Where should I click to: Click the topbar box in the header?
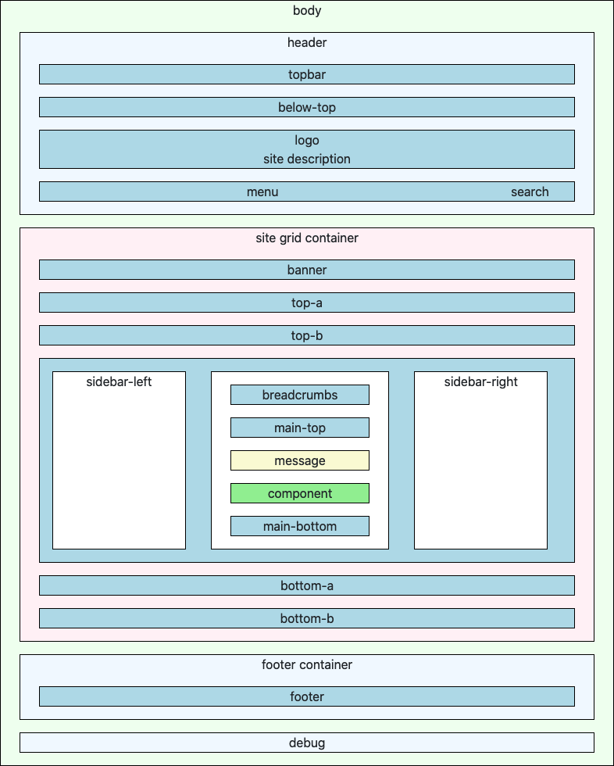coord(307,75)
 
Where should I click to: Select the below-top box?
coord(307,108)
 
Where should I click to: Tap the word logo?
coord(307,141)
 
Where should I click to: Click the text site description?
coord(307,159)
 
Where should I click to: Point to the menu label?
coord(262,192)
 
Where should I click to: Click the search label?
coord(530,192)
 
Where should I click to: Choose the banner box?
coord(307,270)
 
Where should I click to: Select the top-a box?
coord(307,302)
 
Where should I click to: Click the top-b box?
coord(307,335)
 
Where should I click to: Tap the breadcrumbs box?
coord(300,395)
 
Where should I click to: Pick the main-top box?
coord(300,428)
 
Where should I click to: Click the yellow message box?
coord(300,460)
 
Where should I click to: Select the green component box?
coord(300,493)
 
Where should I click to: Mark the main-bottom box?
coord(300,526)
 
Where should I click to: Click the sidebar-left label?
coord(119,382)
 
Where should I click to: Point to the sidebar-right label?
coord(480,382)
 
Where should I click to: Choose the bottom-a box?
coord(307,585)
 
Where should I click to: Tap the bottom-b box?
coord(307,618)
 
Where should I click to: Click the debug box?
coord(307,743)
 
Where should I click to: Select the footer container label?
coord(307,665)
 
